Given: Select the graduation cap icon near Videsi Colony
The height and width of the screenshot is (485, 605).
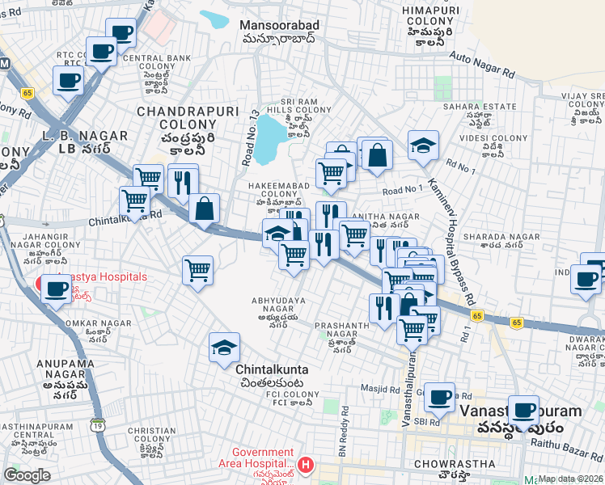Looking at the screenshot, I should point(422,146).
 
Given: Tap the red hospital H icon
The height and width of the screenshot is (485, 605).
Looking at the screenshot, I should point(305,465).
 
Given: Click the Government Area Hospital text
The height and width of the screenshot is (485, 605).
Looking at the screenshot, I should point(262,458).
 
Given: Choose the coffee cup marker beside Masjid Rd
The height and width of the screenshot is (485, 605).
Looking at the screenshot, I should point(439,398).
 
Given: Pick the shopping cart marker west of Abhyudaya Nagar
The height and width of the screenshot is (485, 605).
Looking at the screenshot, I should point(197,271).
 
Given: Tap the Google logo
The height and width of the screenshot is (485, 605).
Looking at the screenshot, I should point(27,474).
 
